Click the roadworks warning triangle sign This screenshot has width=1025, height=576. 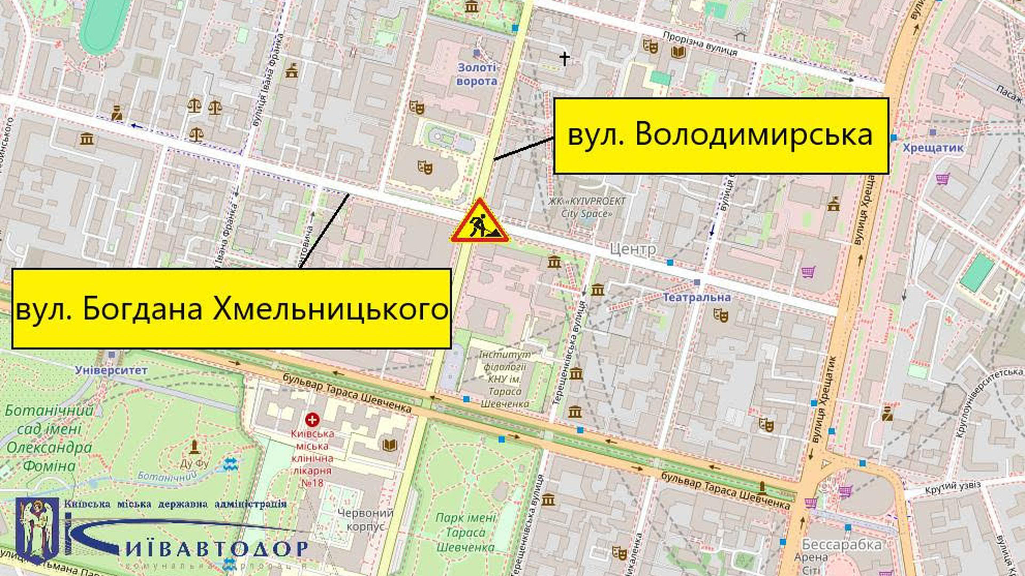(479, 221)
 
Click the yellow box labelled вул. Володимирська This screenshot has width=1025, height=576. (721, 135)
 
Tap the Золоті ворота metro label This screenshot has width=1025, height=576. (477, 74)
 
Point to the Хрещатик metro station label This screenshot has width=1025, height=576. (933, 148)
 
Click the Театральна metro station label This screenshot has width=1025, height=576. (696, 297)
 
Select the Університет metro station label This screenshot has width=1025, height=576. (111, 370)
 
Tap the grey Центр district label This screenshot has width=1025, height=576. (633, 249)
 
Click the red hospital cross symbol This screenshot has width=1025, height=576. (312, 420)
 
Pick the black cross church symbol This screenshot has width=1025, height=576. (564, 58)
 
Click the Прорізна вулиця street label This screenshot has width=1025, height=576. (699, 44)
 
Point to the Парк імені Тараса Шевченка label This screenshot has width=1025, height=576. (466, 532)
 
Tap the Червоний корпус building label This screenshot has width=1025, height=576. (365, 519)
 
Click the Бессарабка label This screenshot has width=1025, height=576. (841, 545)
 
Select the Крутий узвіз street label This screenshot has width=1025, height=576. (952, 487)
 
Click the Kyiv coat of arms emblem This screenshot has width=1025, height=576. (37, 530)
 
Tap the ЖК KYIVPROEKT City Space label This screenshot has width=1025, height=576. (586, 207)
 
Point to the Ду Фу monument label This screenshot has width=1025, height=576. (194, 463)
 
